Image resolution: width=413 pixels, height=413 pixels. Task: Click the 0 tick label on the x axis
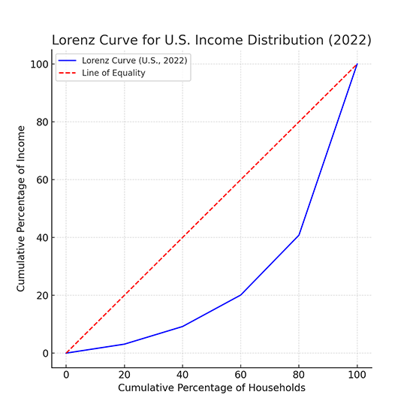pyautogui.click(x=66, y=374)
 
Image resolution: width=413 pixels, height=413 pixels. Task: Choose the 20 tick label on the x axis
pyautogui.click(x=124, y=374)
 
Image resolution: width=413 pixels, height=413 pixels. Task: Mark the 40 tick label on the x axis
pyautogui.click(x=182, y=374)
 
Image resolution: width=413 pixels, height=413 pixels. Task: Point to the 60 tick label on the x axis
pyautogui.click(x=240, y=374)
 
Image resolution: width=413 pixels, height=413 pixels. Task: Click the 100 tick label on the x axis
pyautogui.click(x=357, y=374)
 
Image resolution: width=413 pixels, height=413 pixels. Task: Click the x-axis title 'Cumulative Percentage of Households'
pyautogui.click(x=211, y=387)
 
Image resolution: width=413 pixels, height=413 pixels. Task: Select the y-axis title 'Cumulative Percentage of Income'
pyautogui.click(x=22, y=209)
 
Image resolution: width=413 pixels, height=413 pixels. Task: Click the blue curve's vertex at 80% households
pyautogui.click(x=299, y=235)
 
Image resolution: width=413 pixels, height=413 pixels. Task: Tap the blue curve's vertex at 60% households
pyautogui.click(x=240, y=294)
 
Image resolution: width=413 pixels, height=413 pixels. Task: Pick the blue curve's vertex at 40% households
pyautogui.click(x=182, y=326)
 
